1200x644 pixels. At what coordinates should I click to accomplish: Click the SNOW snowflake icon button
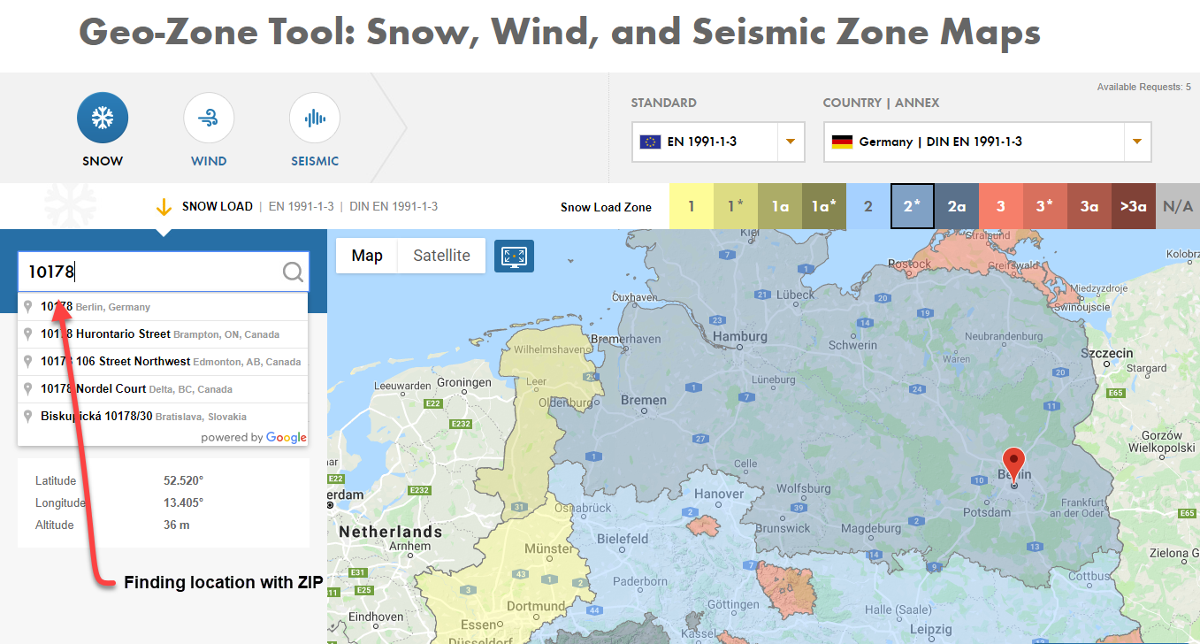coord(103,118)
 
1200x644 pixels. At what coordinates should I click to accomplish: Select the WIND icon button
coord(209,118)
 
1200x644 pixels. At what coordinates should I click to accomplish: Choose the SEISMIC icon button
coord(314,118)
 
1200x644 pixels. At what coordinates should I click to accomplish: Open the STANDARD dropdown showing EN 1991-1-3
coord(717,142)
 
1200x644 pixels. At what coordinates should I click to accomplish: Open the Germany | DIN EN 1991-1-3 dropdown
coord(987,142)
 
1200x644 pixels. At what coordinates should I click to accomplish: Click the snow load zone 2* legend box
coord(912,207)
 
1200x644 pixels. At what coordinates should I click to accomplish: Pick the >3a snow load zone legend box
coord(1133,207)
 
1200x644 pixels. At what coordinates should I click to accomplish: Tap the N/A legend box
coord(1177,207)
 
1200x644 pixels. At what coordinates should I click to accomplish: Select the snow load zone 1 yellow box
coord(692,207)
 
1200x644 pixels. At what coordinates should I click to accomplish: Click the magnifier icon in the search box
coord(293,272)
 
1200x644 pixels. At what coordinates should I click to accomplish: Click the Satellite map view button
coord(441,256)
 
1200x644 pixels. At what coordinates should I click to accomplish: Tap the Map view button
coord(367,256)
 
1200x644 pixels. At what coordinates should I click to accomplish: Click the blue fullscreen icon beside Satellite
coord(514,256)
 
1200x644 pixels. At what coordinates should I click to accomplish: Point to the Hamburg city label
coord(739,337)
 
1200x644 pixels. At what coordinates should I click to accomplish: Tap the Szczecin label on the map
coord(1106,353)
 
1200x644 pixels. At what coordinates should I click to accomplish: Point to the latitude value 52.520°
coord(183,480)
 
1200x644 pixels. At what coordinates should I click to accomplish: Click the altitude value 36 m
coord(177,525)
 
